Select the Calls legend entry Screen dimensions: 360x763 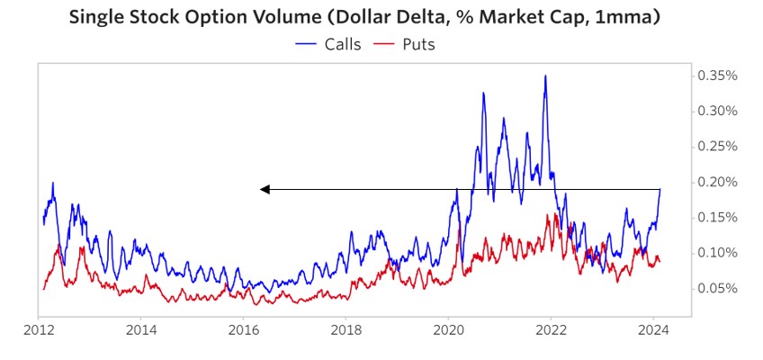[x=341, y=43]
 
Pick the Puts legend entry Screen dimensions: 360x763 [x=417, y=43]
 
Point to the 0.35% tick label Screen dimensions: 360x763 [x=717, y=76]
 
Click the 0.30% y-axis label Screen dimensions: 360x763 [x=717, y=111]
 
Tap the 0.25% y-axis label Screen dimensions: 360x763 [x=717, y=146]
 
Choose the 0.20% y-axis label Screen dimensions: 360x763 [x=717, y=182]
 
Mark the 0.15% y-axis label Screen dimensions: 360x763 [x=717, y=217]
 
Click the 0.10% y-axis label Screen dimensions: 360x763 [x=717, y=252]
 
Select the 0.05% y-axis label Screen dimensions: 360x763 [x=717, y=288]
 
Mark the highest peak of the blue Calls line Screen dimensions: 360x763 [x=545, y=76]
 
